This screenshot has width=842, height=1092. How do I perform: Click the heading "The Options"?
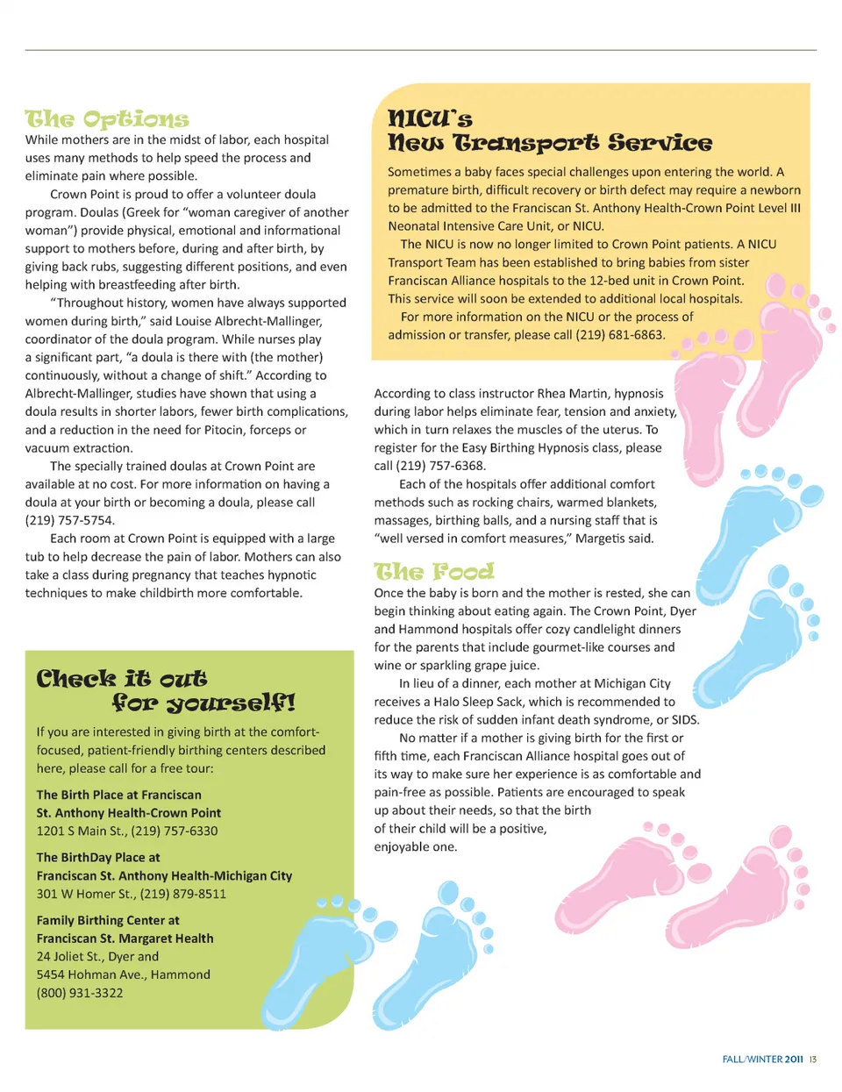[107, 119]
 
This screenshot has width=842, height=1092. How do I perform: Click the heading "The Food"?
[434, 573]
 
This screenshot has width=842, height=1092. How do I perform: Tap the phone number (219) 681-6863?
[620, 335]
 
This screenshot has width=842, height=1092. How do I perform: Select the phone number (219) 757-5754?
[69, 521]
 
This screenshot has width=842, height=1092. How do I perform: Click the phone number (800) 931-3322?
[80, 993]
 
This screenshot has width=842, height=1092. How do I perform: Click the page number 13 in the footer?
[813, 1060]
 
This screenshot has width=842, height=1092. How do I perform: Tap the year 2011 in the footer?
[794, 1060]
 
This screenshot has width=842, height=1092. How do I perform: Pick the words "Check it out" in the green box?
[122, 679]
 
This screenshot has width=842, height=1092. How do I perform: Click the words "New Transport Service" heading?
[550, 143]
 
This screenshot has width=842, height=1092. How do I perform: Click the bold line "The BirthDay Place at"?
[98, 858]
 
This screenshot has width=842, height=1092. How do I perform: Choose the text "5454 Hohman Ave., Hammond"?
[124, 974]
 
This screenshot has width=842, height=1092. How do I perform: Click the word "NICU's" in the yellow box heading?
[430, 118]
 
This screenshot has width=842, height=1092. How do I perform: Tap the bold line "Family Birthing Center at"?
[108, 920]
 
